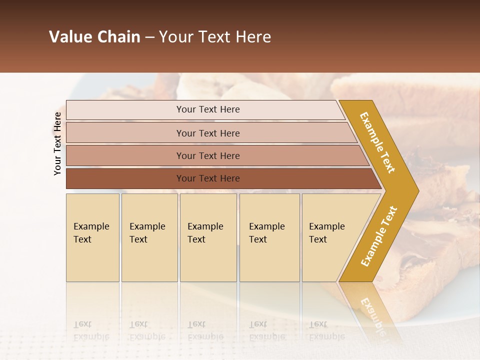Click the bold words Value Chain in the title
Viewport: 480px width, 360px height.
(94, 37)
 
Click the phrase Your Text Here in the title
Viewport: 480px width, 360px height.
(215, 37)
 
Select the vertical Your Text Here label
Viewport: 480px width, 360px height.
(57, 143)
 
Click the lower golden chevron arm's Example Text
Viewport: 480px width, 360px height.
(378, 236)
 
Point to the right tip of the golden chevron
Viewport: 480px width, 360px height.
(417, 191)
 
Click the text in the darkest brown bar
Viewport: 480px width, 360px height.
(208, 178)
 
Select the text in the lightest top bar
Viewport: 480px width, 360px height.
(208, 109)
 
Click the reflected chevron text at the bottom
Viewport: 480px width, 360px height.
(372, 315)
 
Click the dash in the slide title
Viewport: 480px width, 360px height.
(149, 37)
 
